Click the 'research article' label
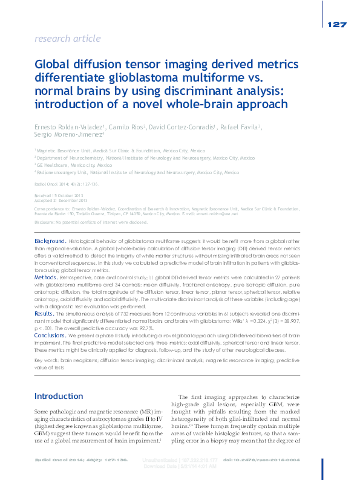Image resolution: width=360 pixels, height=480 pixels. (x=68, y=39)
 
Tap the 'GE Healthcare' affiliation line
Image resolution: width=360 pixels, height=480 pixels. (x=74, y=165)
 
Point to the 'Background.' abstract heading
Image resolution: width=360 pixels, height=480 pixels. (x=50, y=241)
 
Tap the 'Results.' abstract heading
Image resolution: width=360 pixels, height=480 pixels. (x=45, y=315)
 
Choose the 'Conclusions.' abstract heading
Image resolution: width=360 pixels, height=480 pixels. (x=50, y=335)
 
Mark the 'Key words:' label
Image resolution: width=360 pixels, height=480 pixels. (x=47, y=360)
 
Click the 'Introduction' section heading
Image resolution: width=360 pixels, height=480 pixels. (x=58, y=396)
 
